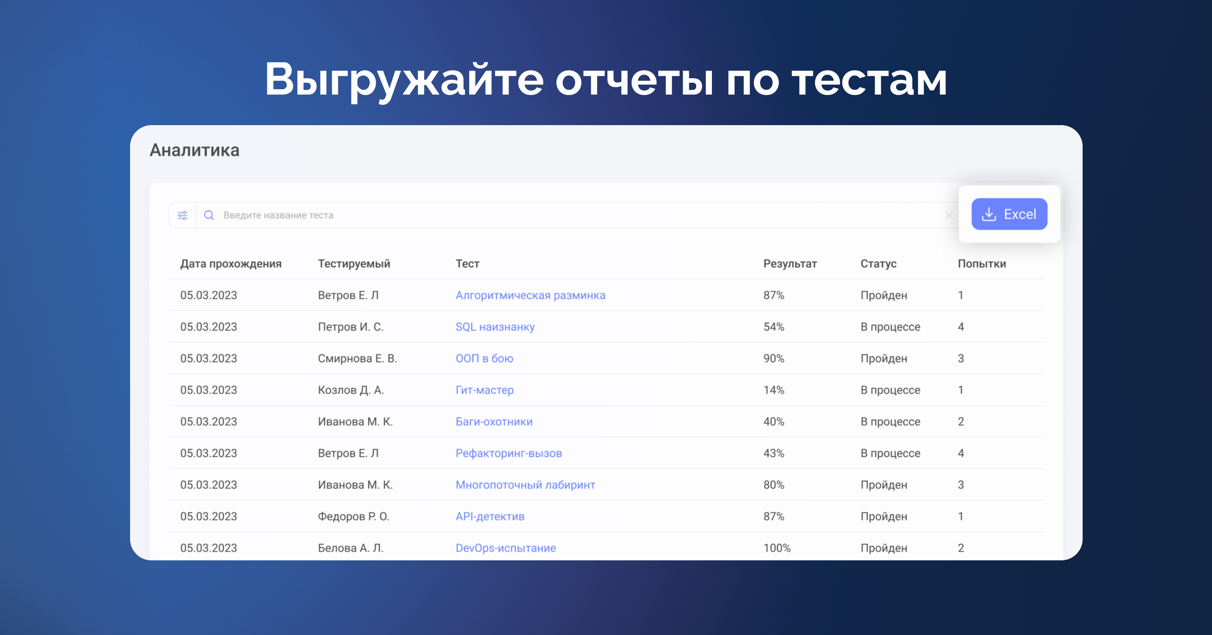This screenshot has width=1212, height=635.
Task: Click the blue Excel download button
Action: coord(1009,214)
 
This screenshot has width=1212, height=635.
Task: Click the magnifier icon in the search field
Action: coord(209,215)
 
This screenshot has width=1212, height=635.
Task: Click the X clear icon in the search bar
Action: coord(949,215)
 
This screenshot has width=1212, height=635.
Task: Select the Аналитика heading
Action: coord(194,150)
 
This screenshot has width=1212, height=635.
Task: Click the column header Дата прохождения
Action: coord(231,263)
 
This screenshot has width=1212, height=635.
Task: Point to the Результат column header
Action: coord(790,263)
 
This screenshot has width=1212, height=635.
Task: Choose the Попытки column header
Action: coord(982,263)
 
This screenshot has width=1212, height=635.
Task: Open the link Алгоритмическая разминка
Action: coord(530,295)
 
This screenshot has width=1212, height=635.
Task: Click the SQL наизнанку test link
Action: coord(495,327)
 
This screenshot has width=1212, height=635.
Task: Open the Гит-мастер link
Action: coord(484,390)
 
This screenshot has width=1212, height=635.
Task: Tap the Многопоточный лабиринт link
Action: coord(525,485)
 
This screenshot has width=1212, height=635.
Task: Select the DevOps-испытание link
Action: coord(506,548)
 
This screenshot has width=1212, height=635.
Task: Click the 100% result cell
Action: coord(777,548)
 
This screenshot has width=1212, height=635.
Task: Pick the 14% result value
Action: coord(773,390)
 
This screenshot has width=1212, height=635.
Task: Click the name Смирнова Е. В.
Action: coord(358,358)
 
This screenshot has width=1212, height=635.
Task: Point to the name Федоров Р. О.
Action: coord(353,516)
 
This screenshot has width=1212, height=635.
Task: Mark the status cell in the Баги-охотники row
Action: coord(890,422)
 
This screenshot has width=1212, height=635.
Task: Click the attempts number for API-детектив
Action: coord(961,516)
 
